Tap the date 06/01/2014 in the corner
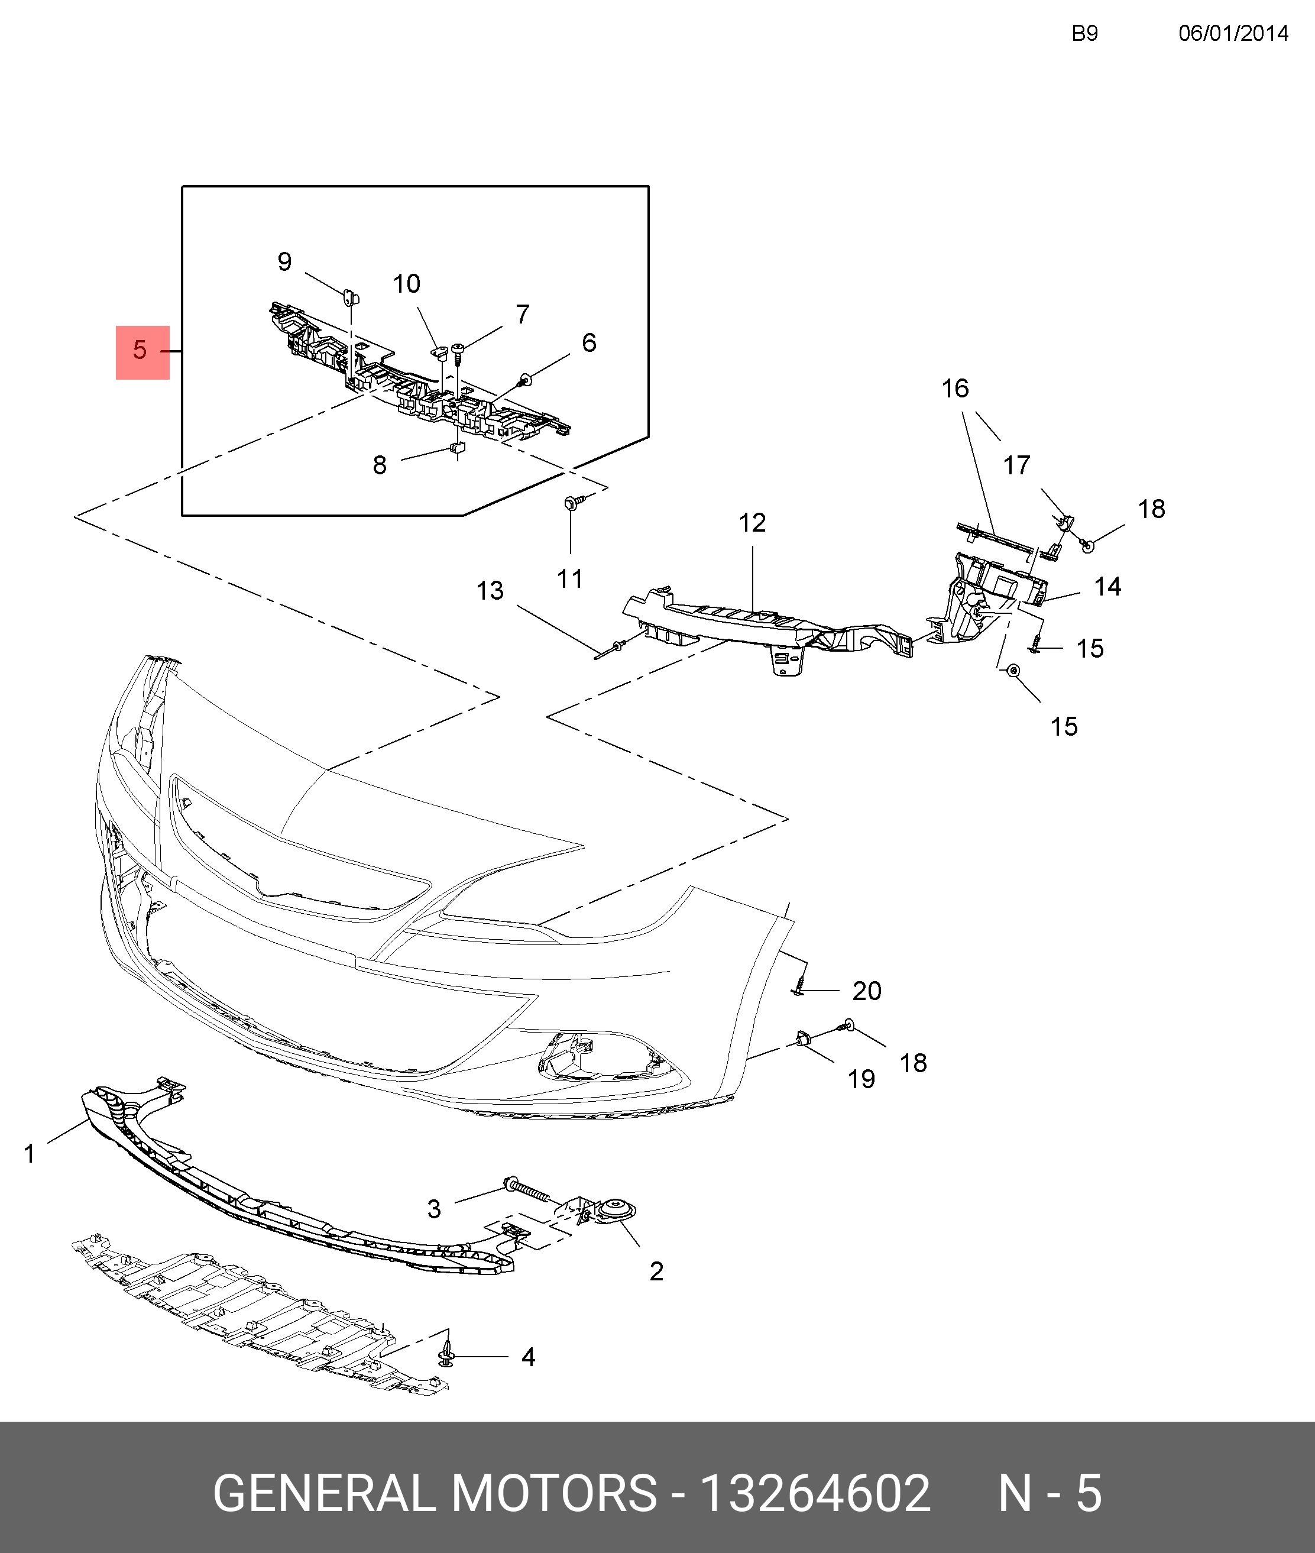click(1233, 34)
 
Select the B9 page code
click(1084, 34)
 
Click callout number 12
click(752, 523)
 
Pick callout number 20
click(867, 991)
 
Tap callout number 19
click(861, 1079)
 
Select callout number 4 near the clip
click(528, 1357)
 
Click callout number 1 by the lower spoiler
click(30, 1154)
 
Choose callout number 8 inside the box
click(380, 466)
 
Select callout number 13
click(490, 591)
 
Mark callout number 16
click(955, 389)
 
